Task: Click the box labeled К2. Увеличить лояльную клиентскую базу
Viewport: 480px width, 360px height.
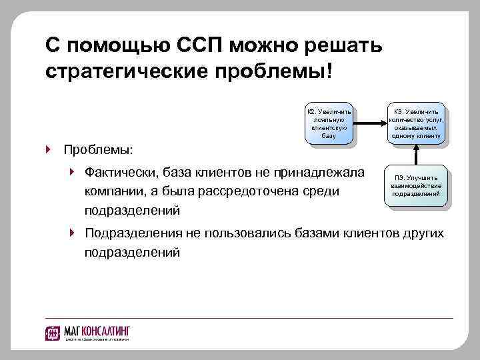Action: pos(328,123)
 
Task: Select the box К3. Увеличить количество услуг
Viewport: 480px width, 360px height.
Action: pos(415,123)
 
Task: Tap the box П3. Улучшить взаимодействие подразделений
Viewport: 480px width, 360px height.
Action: pos(415,185)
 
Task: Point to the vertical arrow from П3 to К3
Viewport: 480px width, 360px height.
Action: pos(415,153)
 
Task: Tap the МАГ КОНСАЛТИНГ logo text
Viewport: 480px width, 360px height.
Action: pos(97,331)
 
